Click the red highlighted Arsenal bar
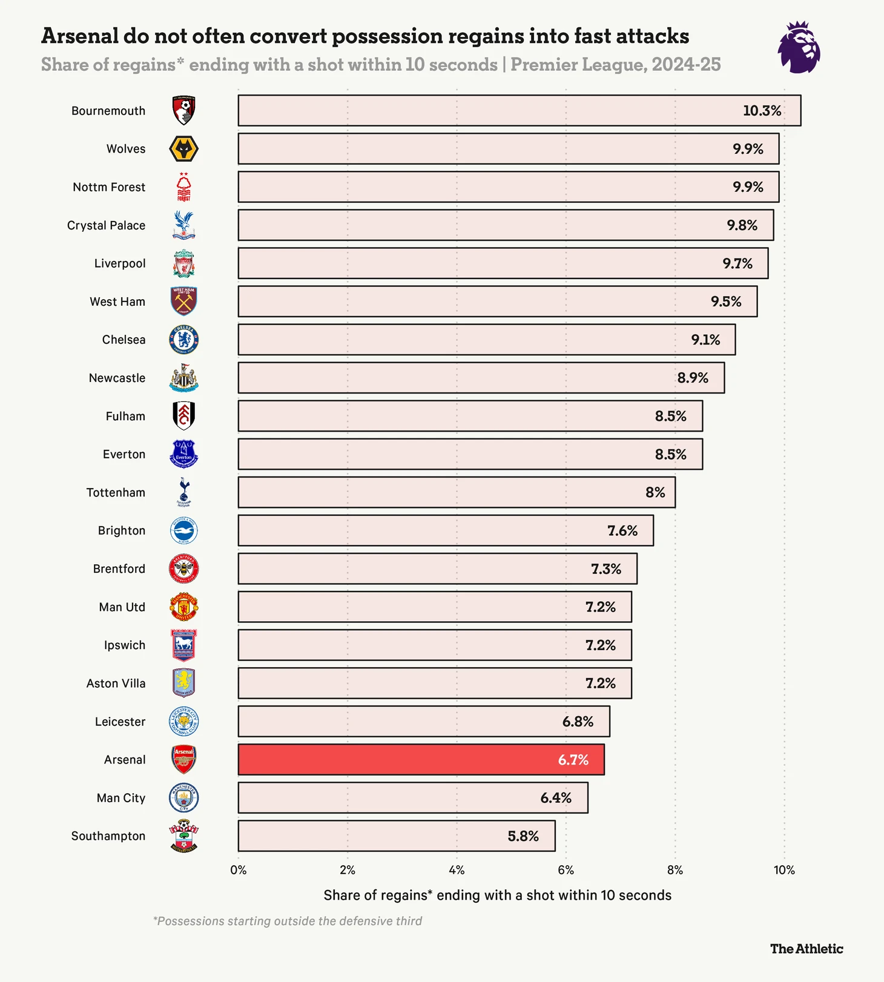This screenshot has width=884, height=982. [421, 759]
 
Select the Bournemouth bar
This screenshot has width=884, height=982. [519, 110]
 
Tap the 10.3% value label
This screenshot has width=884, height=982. [762, 111]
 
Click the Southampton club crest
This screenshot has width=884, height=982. [183, 836]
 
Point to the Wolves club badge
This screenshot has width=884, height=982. [183, 149]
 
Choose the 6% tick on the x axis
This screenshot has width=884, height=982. [566, 870]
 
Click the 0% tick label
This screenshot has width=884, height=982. [238, 870]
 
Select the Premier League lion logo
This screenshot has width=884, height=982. [799, 47]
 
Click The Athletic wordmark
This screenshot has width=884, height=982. [806, 949]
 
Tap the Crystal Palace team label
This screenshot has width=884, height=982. [106, 225]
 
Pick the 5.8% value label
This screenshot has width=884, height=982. [523, 836]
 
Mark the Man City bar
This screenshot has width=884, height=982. [412, 797]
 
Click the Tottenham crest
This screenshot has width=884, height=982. [183, 492]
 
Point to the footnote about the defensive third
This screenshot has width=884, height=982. [288, 921]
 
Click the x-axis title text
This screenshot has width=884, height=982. [497, 895]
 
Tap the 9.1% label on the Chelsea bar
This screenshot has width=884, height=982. [705, 340]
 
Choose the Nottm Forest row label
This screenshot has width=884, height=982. [109, 187]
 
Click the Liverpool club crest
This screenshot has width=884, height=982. [183, 263]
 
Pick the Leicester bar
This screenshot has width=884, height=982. [423, 721]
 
